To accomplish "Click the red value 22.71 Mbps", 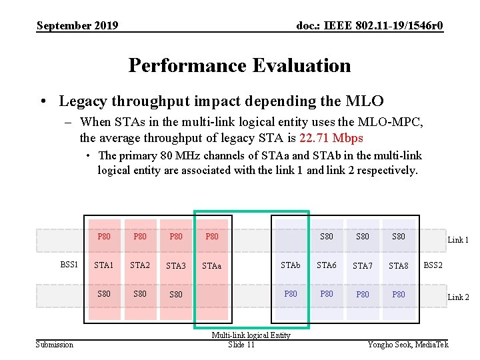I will point(331,138).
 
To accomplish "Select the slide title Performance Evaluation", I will point(239,65).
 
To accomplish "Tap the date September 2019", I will point(77,26).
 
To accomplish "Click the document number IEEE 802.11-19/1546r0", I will point(370,26).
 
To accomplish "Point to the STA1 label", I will point(103,265).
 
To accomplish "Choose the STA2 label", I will point(139,265).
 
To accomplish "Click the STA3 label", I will point(175,266).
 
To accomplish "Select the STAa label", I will point(211,266).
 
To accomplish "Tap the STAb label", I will point(290,265).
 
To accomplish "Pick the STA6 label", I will point(326,265).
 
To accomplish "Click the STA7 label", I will point(362,266).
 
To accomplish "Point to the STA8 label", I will point(398,266).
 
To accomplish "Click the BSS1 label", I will point(69,265).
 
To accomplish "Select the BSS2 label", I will point(433,265).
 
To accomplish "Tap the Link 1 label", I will point(458,240).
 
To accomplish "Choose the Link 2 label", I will point(458,297).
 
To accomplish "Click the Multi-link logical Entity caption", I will point(251,335).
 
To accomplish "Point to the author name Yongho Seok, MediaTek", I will point(408,344).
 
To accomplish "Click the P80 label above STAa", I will point(211,236).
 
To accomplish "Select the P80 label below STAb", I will point(291,293).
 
